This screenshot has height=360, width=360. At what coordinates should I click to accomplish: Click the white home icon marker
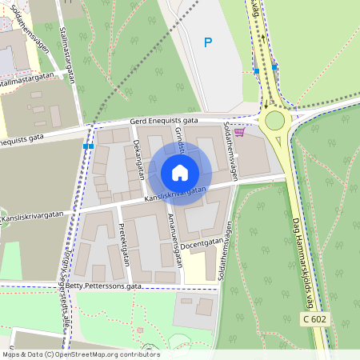click(x=180, y=173)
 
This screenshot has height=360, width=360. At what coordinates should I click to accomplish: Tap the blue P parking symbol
click(x=208, y=42)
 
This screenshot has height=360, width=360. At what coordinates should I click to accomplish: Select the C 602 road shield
click(x=314, y=318)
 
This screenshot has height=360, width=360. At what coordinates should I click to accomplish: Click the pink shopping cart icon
click(x=238, y=133)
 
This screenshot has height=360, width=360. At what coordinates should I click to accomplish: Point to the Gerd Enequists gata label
click(x=163, y=122)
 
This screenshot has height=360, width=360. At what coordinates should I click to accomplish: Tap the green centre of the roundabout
click(x=274, y=121)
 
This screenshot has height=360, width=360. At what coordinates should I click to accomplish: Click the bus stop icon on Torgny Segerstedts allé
click(x=88, y=146)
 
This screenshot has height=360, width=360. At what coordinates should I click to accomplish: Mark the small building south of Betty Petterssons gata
click(x=205, y=306)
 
